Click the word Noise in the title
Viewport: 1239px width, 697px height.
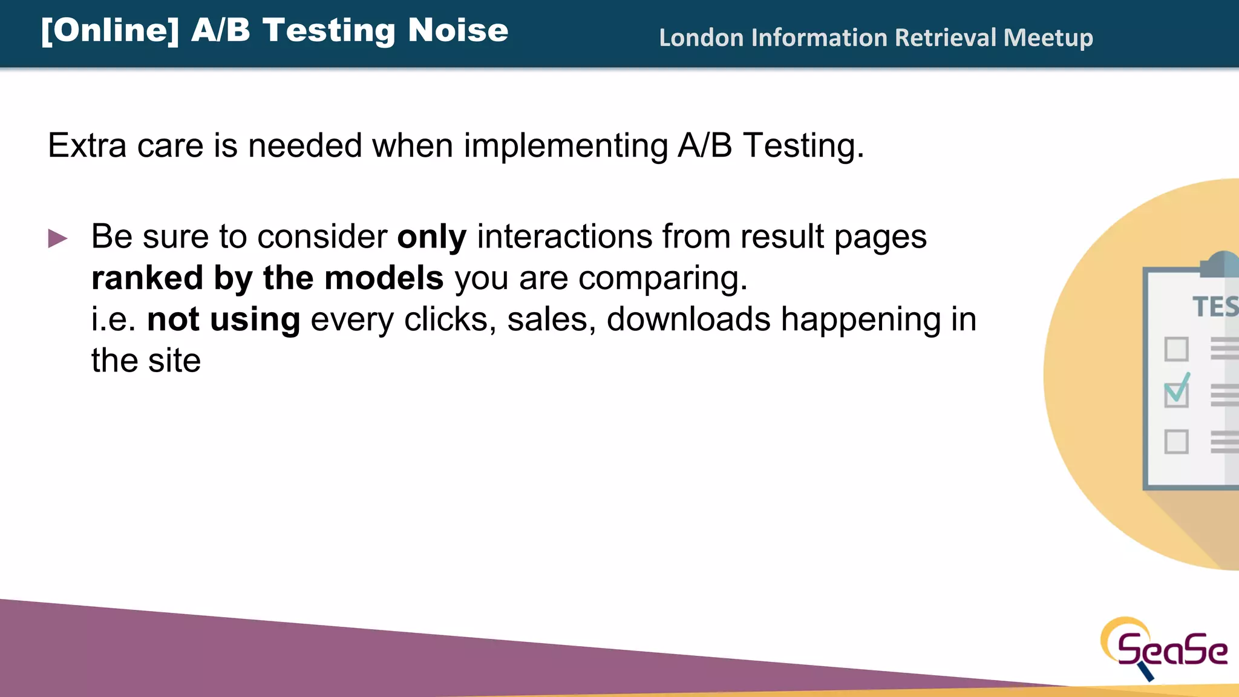click(x=457, y=30)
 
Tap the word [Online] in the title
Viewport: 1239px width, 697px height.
click(x=110, y=30)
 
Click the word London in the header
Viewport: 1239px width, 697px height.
click(x=701, y=38)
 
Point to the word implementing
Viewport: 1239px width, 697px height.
click(x=566, y=146)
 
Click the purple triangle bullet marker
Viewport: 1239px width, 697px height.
click(x=57, y=238)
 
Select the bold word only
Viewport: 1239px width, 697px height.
click(x=431, y=237)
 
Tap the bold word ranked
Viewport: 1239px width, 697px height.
click(x=147, y=278)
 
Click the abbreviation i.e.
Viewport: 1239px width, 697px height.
click(x=113, y=319)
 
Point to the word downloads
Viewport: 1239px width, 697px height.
click(x=688, y=319)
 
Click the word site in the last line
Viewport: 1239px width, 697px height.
click(x=174, y=361)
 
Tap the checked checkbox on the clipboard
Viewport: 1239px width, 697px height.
click(x=1176, y=393)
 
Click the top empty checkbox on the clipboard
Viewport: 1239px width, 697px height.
click(x=1176, y=349)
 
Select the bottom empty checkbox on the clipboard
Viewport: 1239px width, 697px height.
click(x=1176, y=442)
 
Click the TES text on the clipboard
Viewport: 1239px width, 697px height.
click(x=1214, y=307)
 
